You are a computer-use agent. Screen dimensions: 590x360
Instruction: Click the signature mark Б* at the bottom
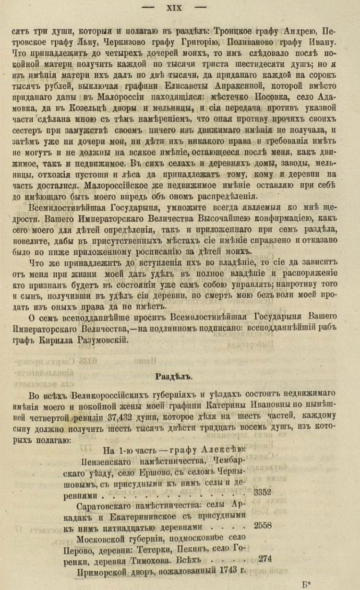tap(307, 584)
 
